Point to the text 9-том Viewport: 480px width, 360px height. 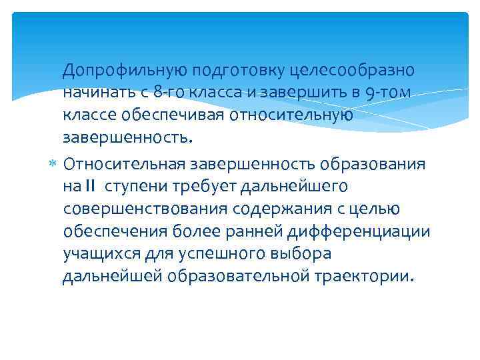389,94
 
